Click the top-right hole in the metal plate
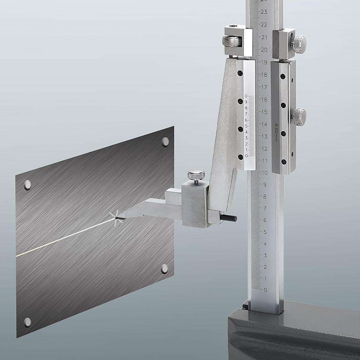(x=165, y=142)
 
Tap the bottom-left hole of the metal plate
(x=27, y=322)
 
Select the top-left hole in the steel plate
(x=27, y=185)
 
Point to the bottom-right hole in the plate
(x=165, y=269)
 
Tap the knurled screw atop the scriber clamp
(x=196, y=175)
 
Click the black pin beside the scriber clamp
(x=229, y=218)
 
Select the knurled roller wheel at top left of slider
(x=231, y=41)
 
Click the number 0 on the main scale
(x=265, y=290)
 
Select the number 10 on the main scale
(x=264, y=173)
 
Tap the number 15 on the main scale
(x=264, y=112)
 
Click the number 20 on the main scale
(x=264, y=49)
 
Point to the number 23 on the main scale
(x=264, y=12)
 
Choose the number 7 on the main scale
(x=265, y=208)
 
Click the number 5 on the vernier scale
(x=246, y=126)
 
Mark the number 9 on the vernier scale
(x=246, y=102)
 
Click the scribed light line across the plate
(x=63, y=238)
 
